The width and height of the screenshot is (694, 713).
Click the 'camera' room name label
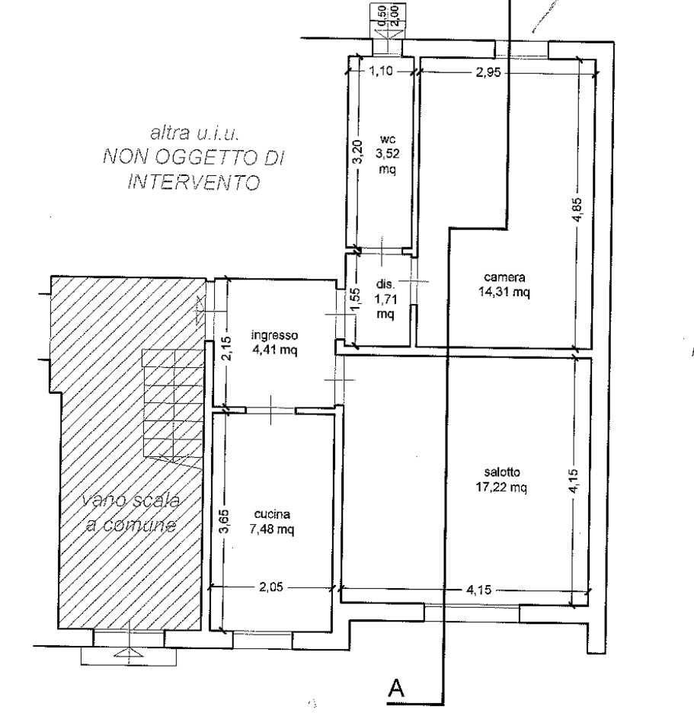point(504,277)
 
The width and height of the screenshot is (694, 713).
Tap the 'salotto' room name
point(502,472)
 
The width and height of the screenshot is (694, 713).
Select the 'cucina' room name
point(272,514)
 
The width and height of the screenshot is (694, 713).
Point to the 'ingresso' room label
point(275,336)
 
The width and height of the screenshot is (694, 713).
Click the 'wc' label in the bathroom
point(388,139)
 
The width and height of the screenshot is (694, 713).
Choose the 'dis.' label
point(385,284)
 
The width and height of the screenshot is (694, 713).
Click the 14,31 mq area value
point(504,292)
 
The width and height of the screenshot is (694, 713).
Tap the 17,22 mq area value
point(501,487)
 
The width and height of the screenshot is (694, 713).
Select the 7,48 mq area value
point(272,529)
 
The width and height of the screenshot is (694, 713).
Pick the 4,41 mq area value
point(275,350)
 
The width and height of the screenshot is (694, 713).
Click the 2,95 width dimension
point(488,72)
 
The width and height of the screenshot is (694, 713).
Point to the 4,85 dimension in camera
point(576,209)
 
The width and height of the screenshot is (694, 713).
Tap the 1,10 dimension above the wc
point(380,72)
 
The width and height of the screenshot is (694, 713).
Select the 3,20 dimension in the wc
point(358,152)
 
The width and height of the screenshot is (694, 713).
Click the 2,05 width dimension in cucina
point(271,587)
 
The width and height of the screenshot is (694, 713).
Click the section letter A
point(396,688)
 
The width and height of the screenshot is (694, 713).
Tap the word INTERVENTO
point(194,182)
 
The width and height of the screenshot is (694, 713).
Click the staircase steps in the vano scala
point(172,403)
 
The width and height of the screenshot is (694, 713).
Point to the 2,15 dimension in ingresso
point(227,348)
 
